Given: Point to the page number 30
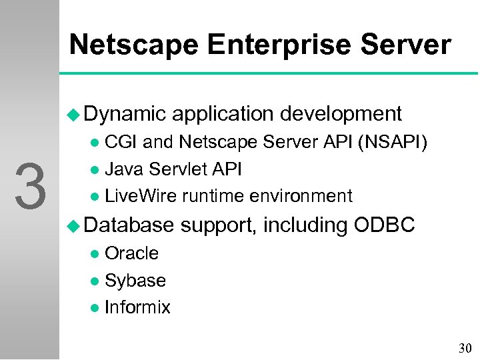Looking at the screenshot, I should pyautogui.click(x=464, y=348).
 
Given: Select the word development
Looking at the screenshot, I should pyautogui.click(x=341, y=114).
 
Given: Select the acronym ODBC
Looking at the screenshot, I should pyautogui.click(x=384, y=226).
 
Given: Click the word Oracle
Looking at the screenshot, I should pyautogui.click(x=132, y=253).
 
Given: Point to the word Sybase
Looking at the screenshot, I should pyautogui.click(x=135, y=281).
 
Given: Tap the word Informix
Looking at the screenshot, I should pyautogui.click(x=138, y=307).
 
